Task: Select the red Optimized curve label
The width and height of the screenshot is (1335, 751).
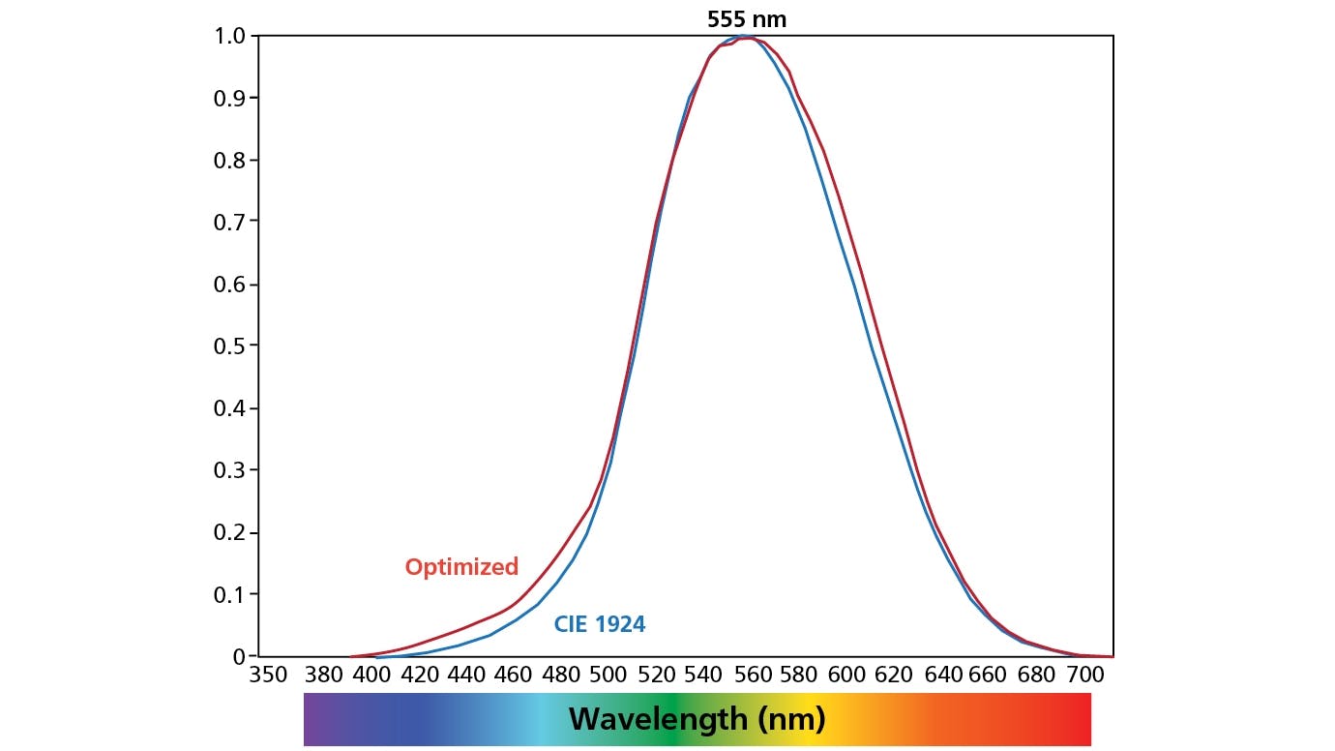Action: tap(461, 567)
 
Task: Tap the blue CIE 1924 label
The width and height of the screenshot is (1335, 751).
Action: tap(599, 625)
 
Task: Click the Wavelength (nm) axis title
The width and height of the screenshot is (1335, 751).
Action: tap(697, 719)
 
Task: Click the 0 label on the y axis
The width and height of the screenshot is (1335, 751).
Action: tap(238, 656)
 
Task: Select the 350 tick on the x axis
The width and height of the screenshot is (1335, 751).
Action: tap(269, 675)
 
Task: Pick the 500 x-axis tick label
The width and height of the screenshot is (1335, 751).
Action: tap(608, 675)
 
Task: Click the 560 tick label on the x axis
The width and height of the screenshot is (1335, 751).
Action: tap(751, 675)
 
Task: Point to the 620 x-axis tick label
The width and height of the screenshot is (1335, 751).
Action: tap(894, 675)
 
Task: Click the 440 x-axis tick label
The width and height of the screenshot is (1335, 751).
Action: tap(465, 675)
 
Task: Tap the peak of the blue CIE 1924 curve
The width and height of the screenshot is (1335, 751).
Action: tap(740, 37)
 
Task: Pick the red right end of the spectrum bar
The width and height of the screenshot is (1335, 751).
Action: tap(1079, 719)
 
